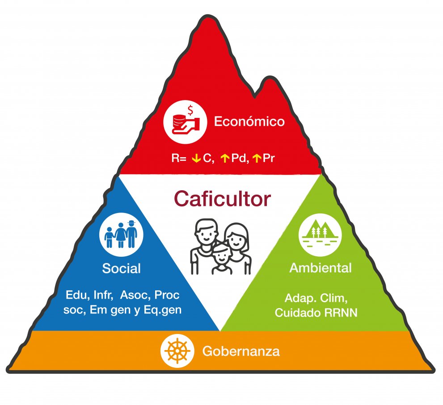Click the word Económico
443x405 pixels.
tap(249, 121)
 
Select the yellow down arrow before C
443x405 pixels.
tap(196, 159)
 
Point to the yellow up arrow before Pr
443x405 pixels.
tap(257, 159)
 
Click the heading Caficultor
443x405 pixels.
tap(222, 199)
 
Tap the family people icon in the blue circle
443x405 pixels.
tap(121, 234)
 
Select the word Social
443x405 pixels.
tap(121, 269)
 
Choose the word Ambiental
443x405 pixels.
tap(320, 268)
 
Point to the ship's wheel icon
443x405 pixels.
tap(177, 351)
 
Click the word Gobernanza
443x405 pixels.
tap(241, 351)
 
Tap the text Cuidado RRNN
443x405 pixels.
tap(316, 313)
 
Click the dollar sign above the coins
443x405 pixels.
tap(190, 109)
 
